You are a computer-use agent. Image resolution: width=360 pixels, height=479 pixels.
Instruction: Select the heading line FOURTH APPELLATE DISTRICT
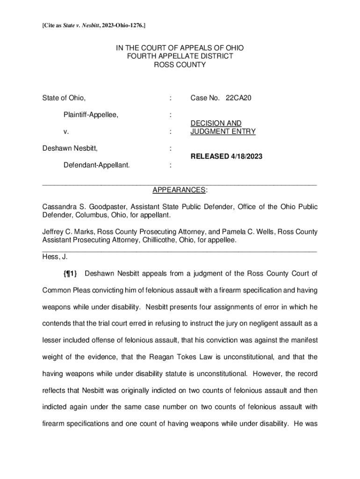click(180, 56)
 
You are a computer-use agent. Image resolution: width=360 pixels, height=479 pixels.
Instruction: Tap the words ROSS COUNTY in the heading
click(180, 65)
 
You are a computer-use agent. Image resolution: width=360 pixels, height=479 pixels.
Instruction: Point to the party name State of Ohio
click(64, 98)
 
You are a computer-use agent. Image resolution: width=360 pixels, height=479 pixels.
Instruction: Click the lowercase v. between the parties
click(66, 132)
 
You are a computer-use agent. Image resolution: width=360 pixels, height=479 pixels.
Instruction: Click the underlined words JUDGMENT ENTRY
click(223, 131)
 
